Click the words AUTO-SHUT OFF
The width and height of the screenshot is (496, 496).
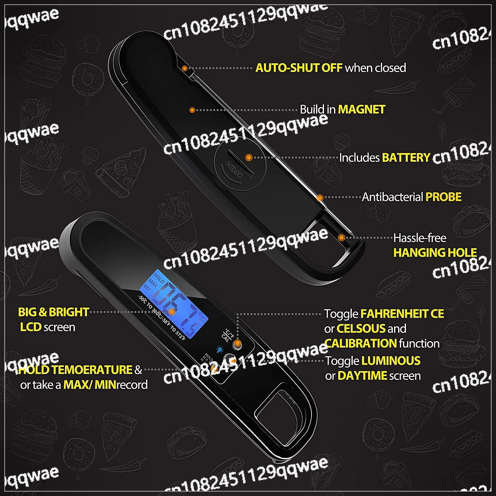[x=299, y=68]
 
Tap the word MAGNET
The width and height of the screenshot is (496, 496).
[x=362, y=109]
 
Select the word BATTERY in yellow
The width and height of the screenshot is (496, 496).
[x=406, y=158]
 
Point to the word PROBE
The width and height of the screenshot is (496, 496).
[x=443, y=197]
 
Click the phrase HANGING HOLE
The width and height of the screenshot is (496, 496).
[x=435, y=253]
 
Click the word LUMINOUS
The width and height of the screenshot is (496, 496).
[x=391, y=361]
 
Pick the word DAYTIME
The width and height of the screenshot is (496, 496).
[x=362, y=376]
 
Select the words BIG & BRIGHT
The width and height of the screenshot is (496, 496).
[x=54, y=312]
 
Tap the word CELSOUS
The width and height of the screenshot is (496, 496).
[x=361, y=329]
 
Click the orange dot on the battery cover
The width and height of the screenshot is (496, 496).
[x=249, y=157]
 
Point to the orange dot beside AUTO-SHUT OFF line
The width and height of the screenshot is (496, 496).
[x=185, y=68]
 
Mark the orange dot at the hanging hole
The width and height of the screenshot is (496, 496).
[x=342, y=237]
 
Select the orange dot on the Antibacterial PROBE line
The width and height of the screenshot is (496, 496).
[x=320, y=198]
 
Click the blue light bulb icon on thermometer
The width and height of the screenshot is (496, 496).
[x=219, y=349]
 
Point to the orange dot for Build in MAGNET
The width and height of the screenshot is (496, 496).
[x=192, y=110]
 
